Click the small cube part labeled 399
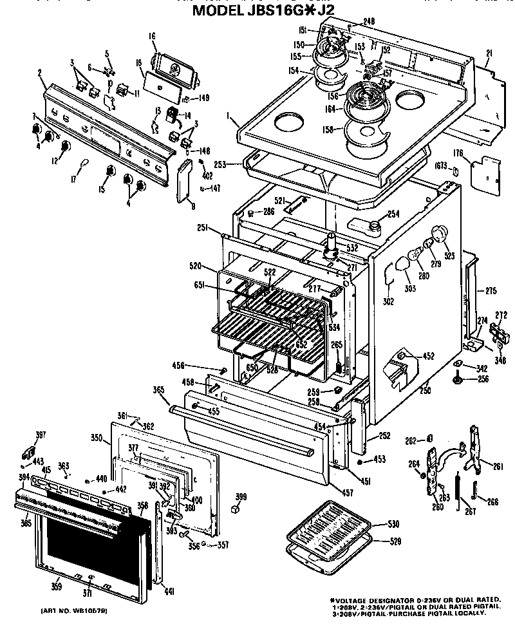click(236, 509)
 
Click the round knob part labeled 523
click(440, 234)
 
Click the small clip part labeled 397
click(29, 449)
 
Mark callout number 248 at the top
click(368, 21)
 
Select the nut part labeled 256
click(458, 380)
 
